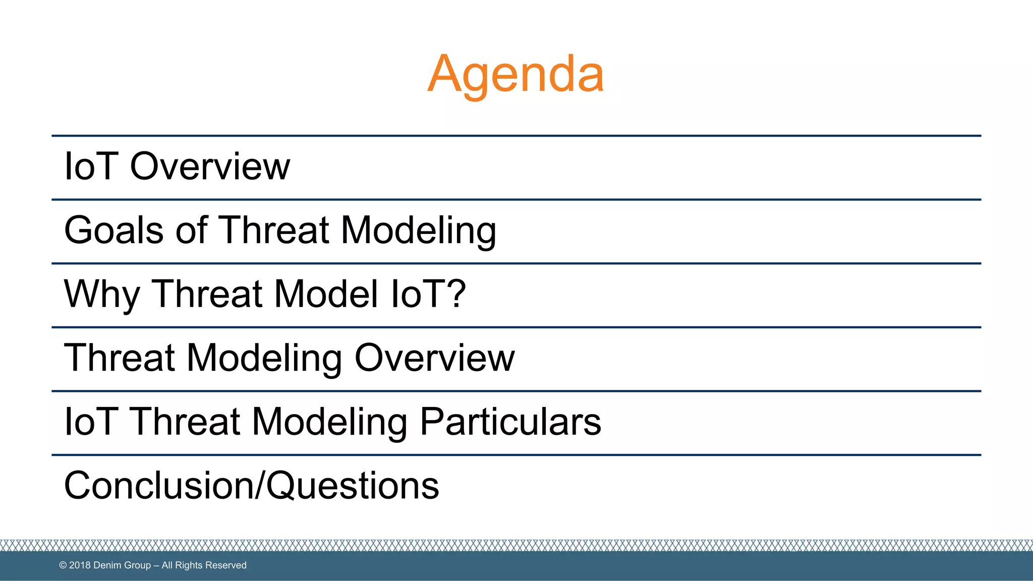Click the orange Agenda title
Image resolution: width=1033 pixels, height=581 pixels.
[515, 74]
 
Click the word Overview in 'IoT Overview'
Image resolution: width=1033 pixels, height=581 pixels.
[210, 166]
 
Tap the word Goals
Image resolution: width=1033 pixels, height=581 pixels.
[114, 230]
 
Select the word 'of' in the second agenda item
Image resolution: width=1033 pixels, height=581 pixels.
[192, 230]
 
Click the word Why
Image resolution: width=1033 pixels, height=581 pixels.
[101, 295]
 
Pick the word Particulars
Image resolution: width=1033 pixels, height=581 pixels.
[510, 422]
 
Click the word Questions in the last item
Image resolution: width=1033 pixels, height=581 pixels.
[353, 486]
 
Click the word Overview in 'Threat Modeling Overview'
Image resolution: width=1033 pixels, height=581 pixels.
[434, 358]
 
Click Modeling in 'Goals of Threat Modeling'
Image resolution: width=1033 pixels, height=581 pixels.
[418, 230]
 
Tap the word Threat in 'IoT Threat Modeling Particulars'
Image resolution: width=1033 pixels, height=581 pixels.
[186, 422]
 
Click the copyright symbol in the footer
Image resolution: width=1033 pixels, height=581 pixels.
[63, 565]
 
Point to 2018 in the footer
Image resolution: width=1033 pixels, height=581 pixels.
[80, 565]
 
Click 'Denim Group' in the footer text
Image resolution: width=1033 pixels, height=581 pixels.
[122, 565]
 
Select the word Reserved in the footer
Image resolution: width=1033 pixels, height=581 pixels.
[225, 565]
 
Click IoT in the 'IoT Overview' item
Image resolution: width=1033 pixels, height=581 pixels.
[91, 166]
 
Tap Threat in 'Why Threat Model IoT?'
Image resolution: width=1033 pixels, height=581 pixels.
[207, 294]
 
